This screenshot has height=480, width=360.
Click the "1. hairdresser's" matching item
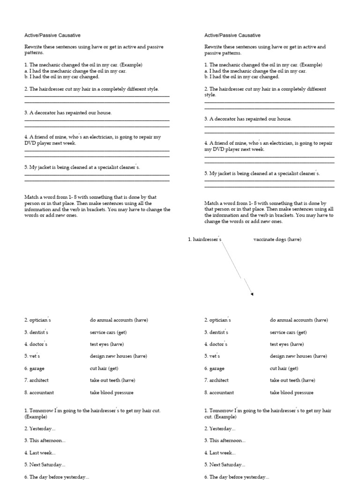pyautogui.click(x=204, y=240)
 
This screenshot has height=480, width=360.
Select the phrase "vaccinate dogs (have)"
pyautogui.click(x=277, y=240)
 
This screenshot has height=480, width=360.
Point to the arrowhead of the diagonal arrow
pyautogui.click(x=252, y=294)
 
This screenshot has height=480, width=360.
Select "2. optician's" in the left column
pyautogui.click(x=37, y=320)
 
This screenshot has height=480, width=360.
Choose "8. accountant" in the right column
pyautogui.click(x=219, y=392)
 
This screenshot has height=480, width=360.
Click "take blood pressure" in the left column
pyautogui.click(x=112, y=392)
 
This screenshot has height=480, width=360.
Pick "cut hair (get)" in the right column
pyautogui.click(x=284, y=368)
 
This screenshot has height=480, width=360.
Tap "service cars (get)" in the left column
pyautogui.click(x=108, y=332)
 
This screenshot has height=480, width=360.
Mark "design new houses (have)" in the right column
pyautogui.click(x=298, y=356)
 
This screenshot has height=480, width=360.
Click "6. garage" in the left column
pyautogui.click(x=34, y=368)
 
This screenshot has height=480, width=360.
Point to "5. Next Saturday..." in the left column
pyautogui.click(x=45, y=465)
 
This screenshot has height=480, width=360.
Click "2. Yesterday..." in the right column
pyautogui.click(x=220, y=428)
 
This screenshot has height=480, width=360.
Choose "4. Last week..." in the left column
pyautogui.click(x=40, y=453)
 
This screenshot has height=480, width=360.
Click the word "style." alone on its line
pyautogui.click(x=210, y=95)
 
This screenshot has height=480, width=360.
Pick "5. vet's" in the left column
pyautogui.click(x=32, y=356)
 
